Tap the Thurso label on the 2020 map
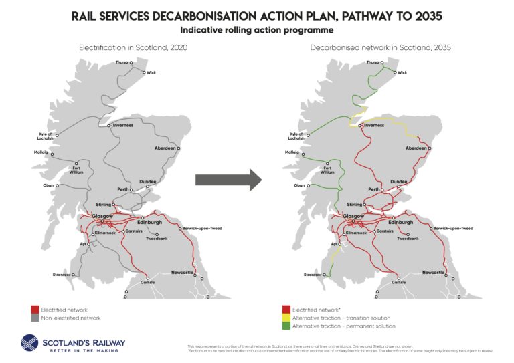pyautogui.click(x=121, y=62)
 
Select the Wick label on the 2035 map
pyautogui.click(x=402, y=72)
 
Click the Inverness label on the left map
pyautogui.click(x=123, y=125)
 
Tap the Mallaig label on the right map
pyautogui.click(x=292, y=152)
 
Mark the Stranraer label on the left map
pyautogui.click(x=61, y=275)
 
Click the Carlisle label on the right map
pyautogui.click(x=398, y=282)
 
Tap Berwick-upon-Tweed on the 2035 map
pyautogui.click(x=453, y=228)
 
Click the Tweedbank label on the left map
pyautogui.click(x=157, y=239)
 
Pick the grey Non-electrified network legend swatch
pyautogui.click(x=35, y=318)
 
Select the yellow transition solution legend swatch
pyautogui.click(x=286, y=318)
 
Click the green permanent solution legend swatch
pyautogui.click(x=286, y=326)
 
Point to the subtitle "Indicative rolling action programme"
pyautogui.click(x=256, y=30)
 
